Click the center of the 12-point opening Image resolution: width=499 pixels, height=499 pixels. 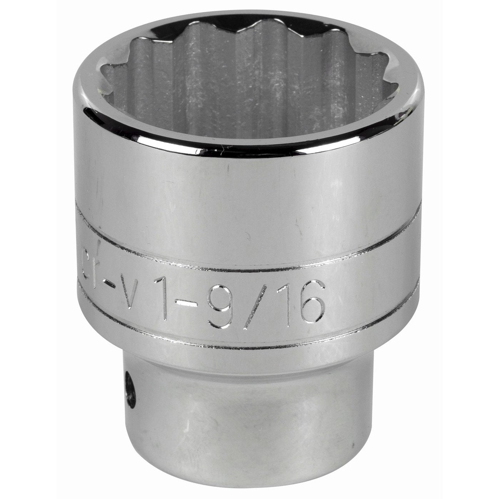246,82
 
